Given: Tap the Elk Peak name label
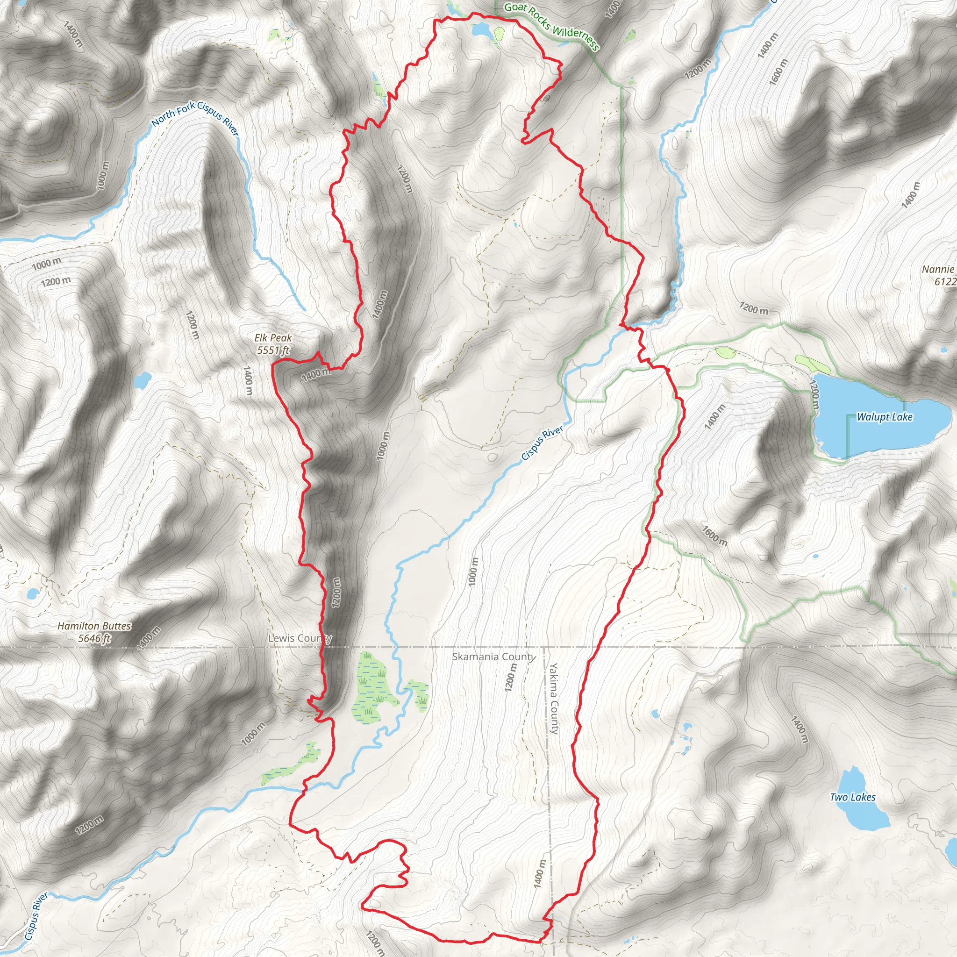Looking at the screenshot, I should coord(273,338).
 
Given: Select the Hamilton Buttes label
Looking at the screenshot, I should coord(94,626).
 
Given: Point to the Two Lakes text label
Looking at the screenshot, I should coord(852,797).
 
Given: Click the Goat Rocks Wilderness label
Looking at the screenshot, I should coord(552,26).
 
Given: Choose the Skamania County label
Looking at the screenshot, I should coord(493,657).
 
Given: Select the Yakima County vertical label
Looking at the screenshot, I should coord(553,699).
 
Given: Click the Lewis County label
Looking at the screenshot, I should coord(300,638).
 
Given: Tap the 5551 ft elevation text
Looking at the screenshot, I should coord(273,350).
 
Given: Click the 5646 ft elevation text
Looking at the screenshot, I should coord(94,638).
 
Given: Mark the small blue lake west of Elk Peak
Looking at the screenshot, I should coord(142,380).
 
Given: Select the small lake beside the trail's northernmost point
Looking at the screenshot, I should coord(482,30).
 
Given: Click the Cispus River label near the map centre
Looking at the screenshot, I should coord(543,443).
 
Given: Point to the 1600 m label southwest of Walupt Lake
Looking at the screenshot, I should coord(714,536).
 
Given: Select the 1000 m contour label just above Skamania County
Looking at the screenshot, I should coord(473,572).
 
